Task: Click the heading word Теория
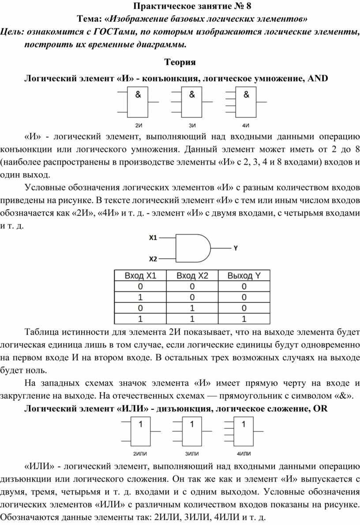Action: tap(180, 62)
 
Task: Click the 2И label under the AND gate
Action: tap(139, 125)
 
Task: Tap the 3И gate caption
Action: tap(192, 125)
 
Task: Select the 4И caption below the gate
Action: tap(246, 125)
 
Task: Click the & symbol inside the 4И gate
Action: tap(246, 94)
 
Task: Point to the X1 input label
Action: tap(153, 238)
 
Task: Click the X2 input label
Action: tap(153, 259)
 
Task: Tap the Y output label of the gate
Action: tap(236, 248)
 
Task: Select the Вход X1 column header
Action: tap(140, 276)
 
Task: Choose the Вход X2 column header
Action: tap(192, 276)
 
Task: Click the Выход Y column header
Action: tap(244, 276)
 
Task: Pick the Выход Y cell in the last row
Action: tap(244, 319)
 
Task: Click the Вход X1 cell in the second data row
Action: tap(140, 297)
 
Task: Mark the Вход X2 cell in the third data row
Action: tap(192, 308)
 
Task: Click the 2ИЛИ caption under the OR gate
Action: tap(140, 453)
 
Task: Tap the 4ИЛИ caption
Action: tap(244, 453)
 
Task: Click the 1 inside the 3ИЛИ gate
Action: tap(192, 424)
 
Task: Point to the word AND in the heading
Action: tap(318, 78)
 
